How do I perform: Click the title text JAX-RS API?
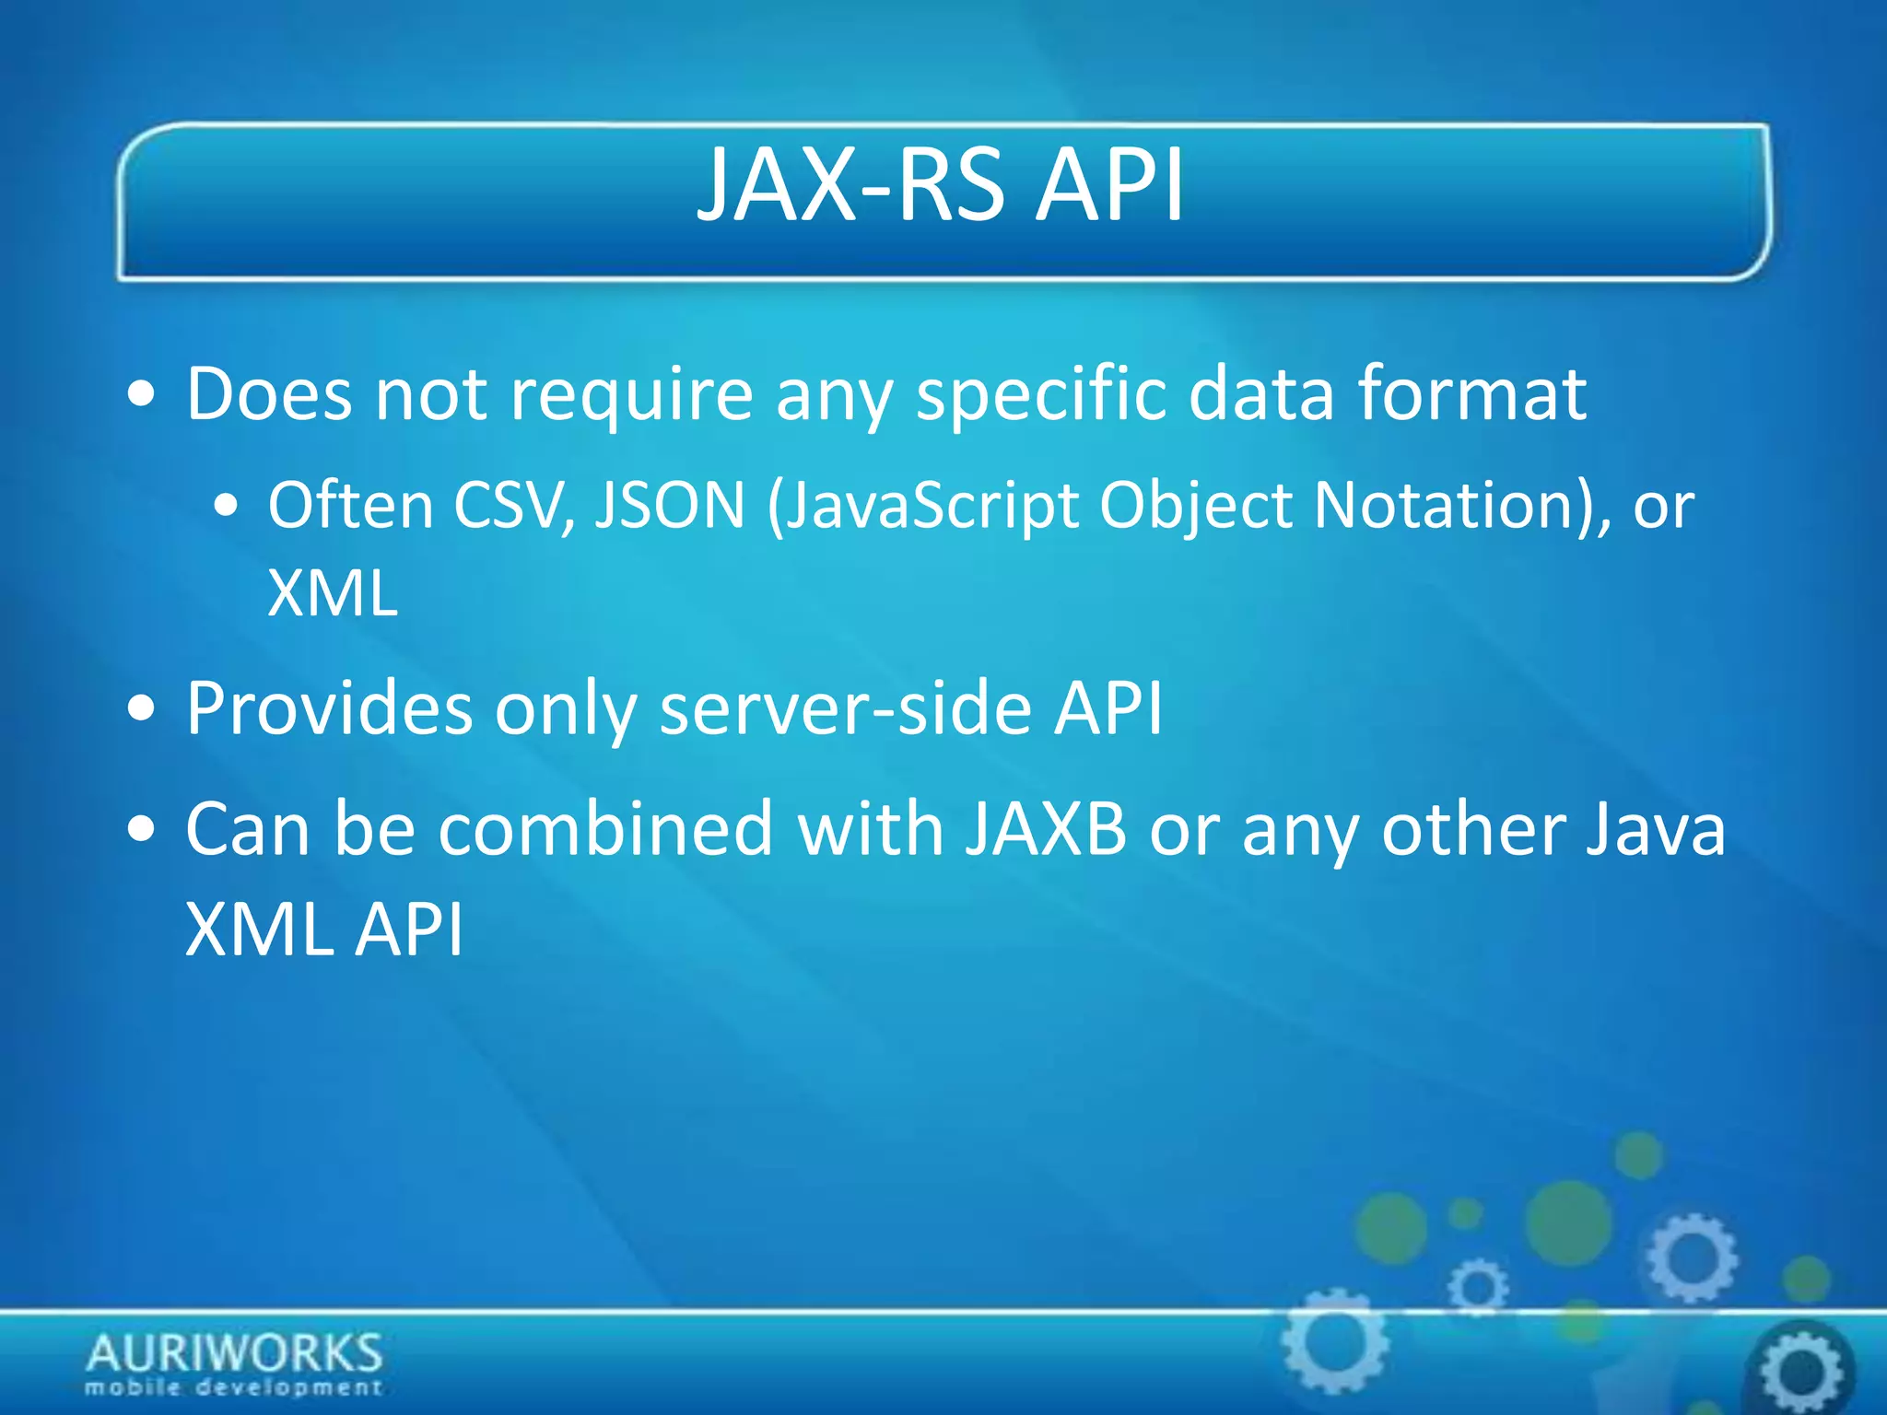tap(941, 186)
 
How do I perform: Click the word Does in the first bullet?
tap(269, 394)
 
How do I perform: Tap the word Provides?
tap(329, 709)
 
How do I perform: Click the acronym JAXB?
tap(1046, 829)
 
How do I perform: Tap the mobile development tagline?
tap(234, 1387)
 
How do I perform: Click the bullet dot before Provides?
tap(142, 711)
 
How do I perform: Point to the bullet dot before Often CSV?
tap(225, 508)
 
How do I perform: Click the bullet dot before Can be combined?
tap(142, 830)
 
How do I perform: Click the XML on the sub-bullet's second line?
tap(332, 593)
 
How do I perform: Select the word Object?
tap(1195, 508)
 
